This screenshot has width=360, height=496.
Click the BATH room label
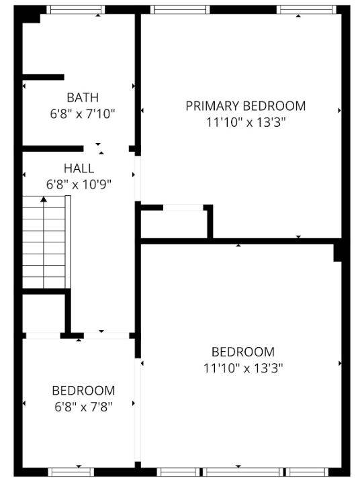click(83, 98)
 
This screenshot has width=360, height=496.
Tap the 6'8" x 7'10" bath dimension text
click(83, 113)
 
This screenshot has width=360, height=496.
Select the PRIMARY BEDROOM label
click(245, 106)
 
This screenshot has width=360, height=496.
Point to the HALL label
click(79, 168)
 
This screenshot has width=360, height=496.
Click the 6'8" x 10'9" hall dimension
click(79, 184)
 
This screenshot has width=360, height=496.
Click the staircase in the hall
click(46, 242)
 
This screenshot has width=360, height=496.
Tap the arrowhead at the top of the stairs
click(44, 199)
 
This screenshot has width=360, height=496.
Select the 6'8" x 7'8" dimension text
click(83, 406)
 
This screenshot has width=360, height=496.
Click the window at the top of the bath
click(75, 9)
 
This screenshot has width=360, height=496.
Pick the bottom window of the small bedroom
click(72, 471)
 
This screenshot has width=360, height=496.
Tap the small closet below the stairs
click(43, 312)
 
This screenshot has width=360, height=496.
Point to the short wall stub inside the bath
click(43, 77)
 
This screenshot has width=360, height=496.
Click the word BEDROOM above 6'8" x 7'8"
click(83, 391)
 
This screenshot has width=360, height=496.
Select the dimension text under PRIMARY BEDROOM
click(245, 122)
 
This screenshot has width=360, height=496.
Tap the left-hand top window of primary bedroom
click(179, 9)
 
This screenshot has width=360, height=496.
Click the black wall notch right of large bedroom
click(339, 252)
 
